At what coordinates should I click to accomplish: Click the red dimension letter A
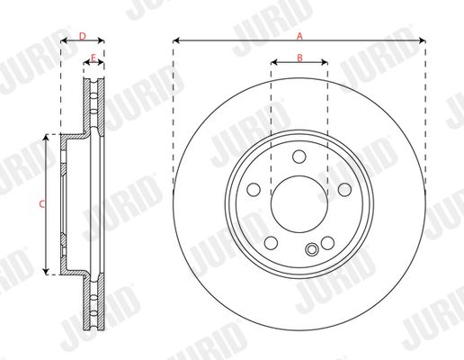(x=299, y=37)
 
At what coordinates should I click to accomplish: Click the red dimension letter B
(x=299, y=58)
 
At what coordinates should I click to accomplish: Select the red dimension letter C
(x=42, y=204)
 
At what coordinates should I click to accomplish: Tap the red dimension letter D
(x=83, y=36)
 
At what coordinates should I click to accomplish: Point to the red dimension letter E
(x=94, y=58)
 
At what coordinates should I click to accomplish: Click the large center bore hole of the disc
(x=299, y=204)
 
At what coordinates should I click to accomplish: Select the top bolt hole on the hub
(x=299, y=157)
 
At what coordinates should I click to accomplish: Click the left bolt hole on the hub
(x=254, y=190)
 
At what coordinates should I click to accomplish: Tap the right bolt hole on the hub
(x=344, y=190)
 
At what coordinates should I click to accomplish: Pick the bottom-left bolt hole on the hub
(x=272, y=243)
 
